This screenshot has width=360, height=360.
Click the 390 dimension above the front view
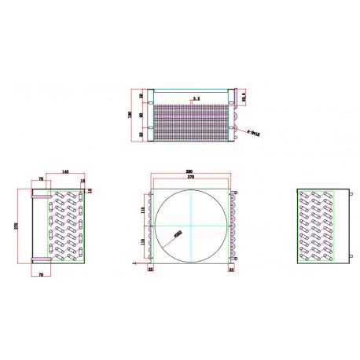tap(191, 171)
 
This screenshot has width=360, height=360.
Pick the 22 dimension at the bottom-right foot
tap(230, 270)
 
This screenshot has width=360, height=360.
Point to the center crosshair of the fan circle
tap(191, 226)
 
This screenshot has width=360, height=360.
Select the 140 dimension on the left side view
tap(64, 171)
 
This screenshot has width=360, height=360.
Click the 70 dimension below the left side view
tap(41, 274)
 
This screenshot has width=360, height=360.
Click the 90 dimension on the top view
tap(141, 115)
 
